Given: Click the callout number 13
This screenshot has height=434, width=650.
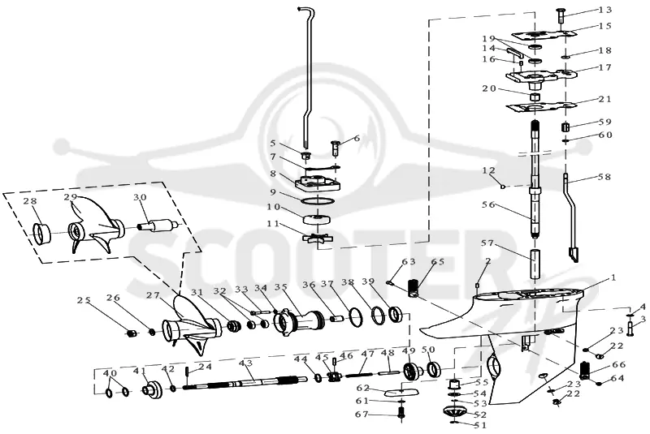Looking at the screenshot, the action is tap(605, 10).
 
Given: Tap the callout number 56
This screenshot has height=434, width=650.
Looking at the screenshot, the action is tap(489, 204).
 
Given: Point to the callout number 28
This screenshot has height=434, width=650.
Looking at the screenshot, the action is tap(42, 201).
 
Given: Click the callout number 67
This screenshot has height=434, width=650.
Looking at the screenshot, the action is tap(362, 415).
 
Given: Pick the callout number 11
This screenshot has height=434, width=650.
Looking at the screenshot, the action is tap(273, 224).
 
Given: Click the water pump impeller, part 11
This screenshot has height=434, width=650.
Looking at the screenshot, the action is tap(317, 239).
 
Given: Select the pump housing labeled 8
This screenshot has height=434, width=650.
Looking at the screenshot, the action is tap(318, 183).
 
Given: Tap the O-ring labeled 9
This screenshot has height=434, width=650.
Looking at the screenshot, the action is tap(318, 201).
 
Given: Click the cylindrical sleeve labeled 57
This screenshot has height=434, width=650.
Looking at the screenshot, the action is tap(535, 264).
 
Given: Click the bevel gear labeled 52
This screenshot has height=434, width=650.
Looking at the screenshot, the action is tap(455, 413).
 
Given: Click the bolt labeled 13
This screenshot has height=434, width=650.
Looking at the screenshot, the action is tap(561, 15).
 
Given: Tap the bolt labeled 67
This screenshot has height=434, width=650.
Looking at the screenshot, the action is tap(401, 412).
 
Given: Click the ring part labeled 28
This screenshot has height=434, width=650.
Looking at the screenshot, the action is tap(42, 234).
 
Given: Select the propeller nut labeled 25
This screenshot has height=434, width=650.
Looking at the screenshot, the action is tap(132, 333).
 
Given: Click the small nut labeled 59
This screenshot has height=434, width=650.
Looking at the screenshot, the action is tap(565, 126).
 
